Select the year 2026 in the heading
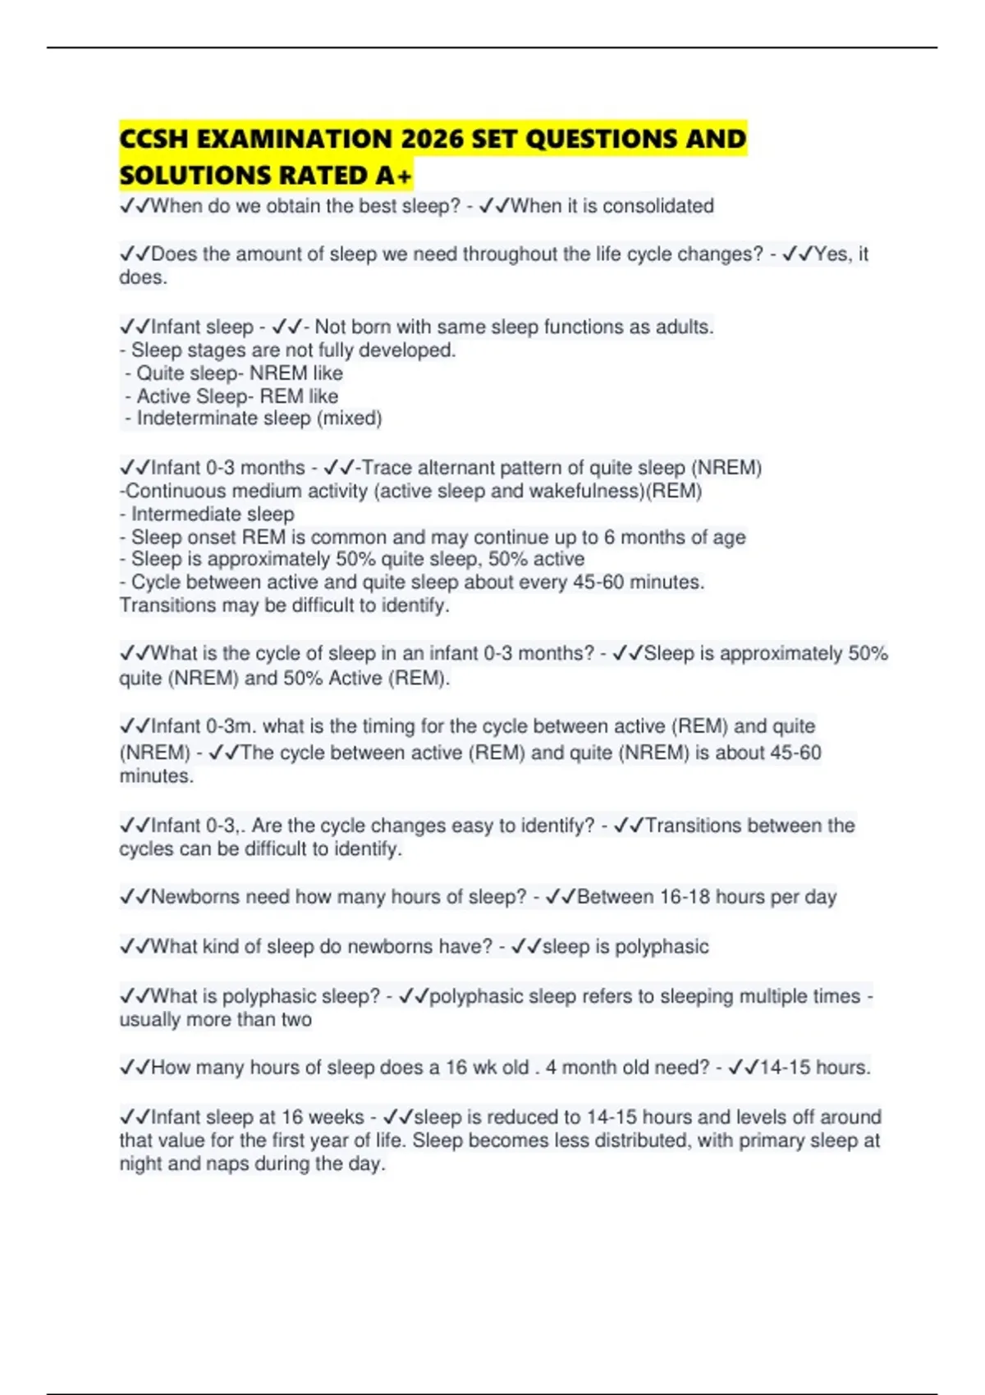[433, 139]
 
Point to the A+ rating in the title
[393, 176]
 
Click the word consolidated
[658, 206]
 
